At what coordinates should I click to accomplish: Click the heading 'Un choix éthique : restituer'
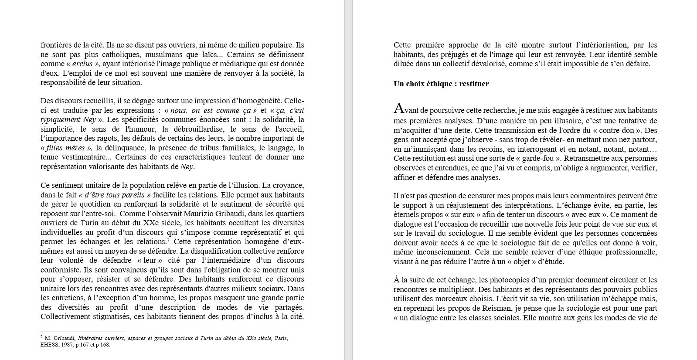tap(441, 84)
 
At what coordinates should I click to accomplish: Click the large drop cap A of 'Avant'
tap(398, 109)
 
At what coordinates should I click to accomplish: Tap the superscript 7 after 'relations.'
tap(168, 240)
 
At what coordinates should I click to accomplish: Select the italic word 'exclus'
tap(82, 64)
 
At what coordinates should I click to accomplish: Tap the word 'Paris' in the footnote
tap(280, 338)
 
